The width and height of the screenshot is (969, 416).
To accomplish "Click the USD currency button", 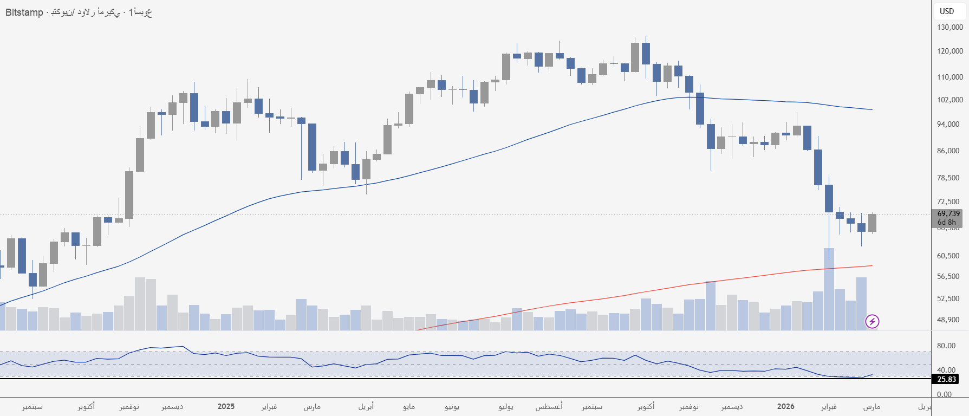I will click(x=947, y=11).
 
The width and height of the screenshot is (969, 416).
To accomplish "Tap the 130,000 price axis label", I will click(x=950, y=27).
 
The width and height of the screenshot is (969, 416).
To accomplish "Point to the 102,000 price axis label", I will click(x=950, y=100).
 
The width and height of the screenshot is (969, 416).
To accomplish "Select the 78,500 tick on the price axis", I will click(x=948, y=178).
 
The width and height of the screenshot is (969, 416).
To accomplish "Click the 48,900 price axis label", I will click(x=948, y=320).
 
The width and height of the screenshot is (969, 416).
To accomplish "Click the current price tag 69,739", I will click(x=948, y=214).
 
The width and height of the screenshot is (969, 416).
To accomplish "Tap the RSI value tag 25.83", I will click(x=947, y=379).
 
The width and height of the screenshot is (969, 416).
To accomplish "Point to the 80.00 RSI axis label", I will click(x=946, y=346).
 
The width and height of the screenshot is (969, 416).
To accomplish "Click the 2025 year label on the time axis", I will click(x=226, y=406).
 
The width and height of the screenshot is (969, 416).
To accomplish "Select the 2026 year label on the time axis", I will click(x=785, y=406).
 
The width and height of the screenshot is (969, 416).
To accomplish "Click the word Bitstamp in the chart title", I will click(x=24, y=12).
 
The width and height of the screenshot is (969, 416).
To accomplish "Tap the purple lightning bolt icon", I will click(x=872, y=322).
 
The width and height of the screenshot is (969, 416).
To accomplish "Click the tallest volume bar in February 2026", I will click(x=829, y=290).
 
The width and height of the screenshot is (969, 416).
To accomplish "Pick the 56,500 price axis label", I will click(x=948, y=276).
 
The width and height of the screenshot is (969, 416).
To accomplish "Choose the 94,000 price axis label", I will click(x=948, y=124).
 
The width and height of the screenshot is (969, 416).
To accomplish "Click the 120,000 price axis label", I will click(x=950, y=51).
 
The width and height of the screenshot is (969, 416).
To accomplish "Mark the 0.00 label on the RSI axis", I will click(x=944, y=394).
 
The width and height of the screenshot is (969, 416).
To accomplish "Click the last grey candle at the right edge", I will click(x=872, y=223).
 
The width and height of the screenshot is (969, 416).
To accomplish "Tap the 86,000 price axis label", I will click(x=948, y=151).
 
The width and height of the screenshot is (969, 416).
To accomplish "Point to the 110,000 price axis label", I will click(x=950, y=77).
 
